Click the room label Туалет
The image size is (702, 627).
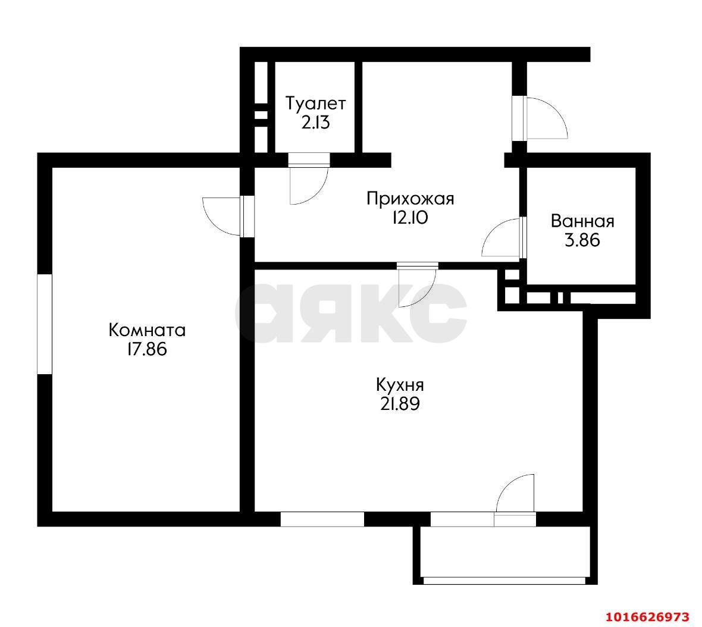(x=315, y=104)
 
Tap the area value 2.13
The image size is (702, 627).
(x=316, y=123)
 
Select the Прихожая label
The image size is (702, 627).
(x=410, y=198)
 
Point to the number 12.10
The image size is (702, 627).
(x=410, y=218)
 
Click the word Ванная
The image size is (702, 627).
(x=582, y=221)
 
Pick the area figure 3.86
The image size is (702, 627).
(x=582, y=241)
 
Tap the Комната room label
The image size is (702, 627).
(x=147, y=330)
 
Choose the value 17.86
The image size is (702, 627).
(x=146, y=349)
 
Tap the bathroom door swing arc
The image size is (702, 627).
(x=502, y=237)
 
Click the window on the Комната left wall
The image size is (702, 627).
(x=45, y=324)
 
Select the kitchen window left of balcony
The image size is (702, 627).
(x=322, y=519)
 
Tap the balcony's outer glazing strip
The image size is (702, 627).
(x=505, y=580)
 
